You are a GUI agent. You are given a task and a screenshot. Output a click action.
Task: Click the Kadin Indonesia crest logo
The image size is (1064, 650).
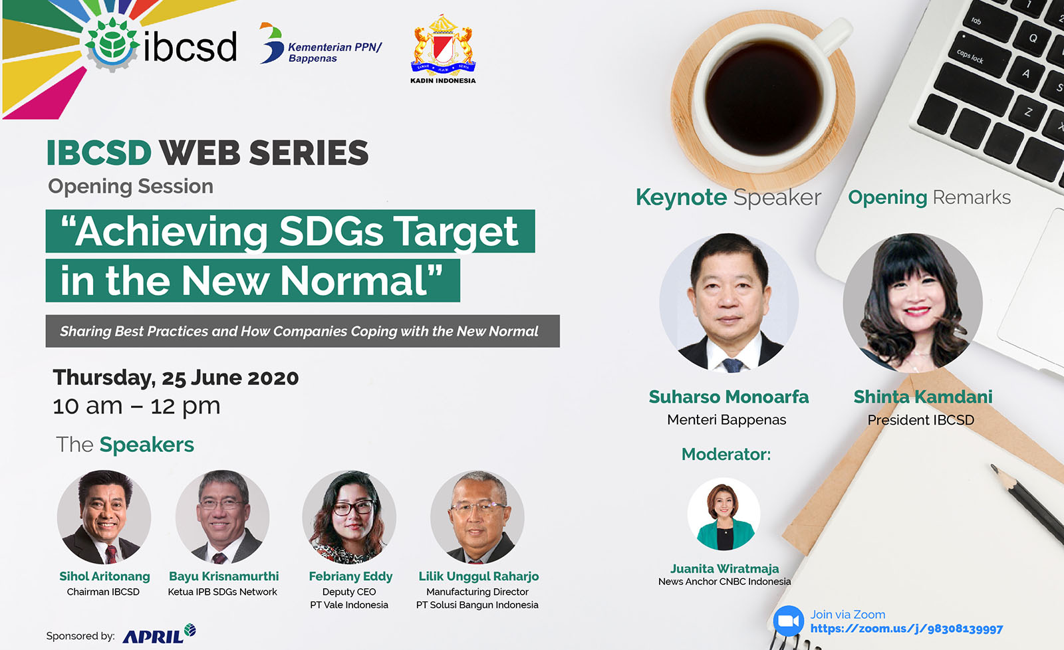(443, 49)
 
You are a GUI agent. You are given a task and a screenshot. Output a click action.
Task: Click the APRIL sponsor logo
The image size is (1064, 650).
(159, 634)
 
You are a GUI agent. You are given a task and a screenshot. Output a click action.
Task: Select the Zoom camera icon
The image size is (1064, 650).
(788, 621)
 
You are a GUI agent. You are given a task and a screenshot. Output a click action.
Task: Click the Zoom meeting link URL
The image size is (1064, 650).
(906, 629)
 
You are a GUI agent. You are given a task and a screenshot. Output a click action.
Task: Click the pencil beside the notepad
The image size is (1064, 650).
(1027, 502)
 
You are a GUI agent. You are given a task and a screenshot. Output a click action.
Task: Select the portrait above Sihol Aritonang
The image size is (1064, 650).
(104, 516)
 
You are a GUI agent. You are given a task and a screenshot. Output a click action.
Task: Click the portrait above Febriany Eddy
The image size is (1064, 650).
(349, 516)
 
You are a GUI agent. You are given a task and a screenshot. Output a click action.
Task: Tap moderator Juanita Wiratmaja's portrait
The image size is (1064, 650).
(724, 514)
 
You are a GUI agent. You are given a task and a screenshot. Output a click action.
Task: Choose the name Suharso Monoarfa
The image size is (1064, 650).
(729, 397)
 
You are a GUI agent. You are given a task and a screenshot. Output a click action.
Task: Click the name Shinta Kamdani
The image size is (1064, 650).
(923, 397)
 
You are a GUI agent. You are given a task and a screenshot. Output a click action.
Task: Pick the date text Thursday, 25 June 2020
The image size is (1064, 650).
(176, 378)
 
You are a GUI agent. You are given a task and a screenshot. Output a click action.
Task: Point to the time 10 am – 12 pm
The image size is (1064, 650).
(137, 407)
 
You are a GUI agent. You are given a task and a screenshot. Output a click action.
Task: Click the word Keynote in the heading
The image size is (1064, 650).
(681, 197)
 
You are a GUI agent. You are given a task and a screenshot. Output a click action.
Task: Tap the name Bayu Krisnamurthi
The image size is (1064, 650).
(223, 576)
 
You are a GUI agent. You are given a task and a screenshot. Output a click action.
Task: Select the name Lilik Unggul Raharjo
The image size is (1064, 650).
(478, 576)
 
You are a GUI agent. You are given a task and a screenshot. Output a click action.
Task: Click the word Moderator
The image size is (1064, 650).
(726, 455)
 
